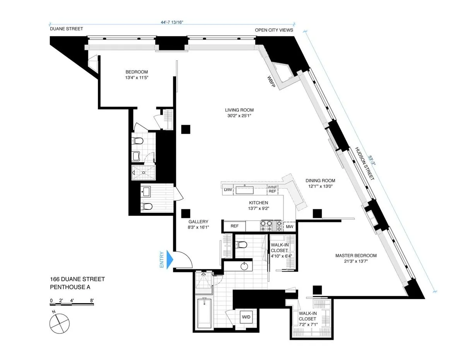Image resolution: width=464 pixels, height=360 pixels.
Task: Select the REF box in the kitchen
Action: click(x=234, y=226)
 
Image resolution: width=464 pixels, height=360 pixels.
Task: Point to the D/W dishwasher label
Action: click(x=227, y=190)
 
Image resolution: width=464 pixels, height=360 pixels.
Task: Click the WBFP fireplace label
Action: click(x=270, y=80)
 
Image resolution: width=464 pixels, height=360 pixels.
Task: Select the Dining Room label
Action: click(x=320, y=180)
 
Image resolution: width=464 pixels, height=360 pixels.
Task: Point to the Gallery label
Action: click(x=198, y=222)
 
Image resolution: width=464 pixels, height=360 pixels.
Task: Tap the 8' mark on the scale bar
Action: click(x=92, y=300)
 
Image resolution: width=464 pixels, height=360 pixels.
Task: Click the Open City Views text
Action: click(x=274, y=30)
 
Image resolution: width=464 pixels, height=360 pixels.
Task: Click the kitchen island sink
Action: click(x=245, y=190)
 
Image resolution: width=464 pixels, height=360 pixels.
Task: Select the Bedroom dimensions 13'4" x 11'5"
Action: click(x=136, y=78)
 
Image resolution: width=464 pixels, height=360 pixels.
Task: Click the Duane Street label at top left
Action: click(x=66, y=29)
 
